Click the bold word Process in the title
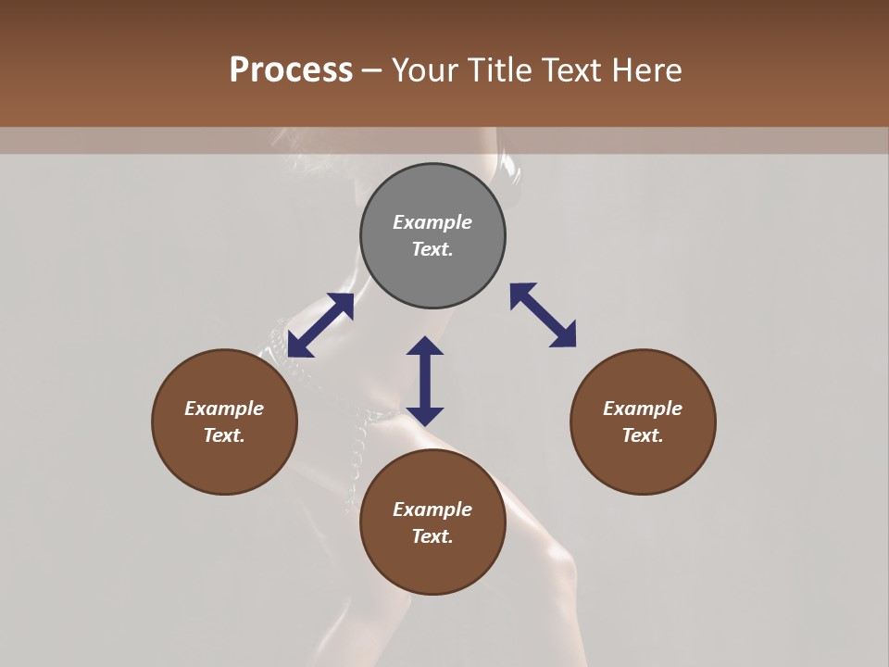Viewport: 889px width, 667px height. pos(291,70)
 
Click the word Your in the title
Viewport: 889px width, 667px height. pos(425,70)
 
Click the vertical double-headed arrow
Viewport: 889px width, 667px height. pos(425,381)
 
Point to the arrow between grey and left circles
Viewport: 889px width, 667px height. pos(320,325)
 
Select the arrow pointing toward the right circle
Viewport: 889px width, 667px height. pos(543,315)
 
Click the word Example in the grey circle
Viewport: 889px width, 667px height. pos(432,222)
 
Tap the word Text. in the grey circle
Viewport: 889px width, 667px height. pos(432,249)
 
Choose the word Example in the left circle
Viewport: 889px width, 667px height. pos(224,409)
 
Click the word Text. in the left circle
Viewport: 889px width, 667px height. pos(224,435)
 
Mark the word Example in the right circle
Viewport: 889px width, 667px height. pos(643,409)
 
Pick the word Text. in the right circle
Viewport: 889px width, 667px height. pos(643,435)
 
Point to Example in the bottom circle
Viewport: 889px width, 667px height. pos(432,510)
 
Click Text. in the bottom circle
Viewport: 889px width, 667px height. pos(432,536)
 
